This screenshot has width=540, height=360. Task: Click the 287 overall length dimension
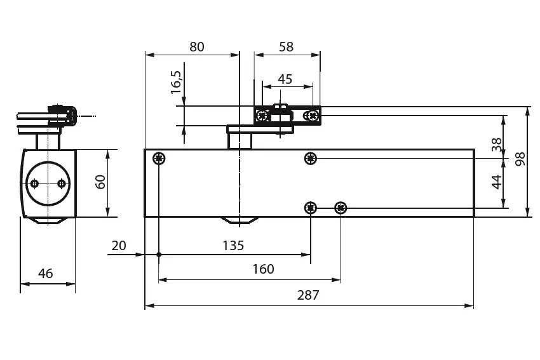coord(308,295)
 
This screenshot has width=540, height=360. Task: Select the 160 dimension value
coord(263,269)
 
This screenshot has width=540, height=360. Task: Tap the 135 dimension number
coord(233,245)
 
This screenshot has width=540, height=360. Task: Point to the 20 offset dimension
coord(119,245)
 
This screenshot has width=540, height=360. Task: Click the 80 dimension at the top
coord(197,46)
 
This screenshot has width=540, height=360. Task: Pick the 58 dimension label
coord(286,46)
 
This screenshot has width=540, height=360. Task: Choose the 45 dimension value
coord(285,79)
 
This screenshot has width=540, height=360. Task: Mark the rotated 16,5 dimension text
coord(176,83)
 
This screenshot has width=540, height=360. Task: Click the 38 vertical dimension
coord(497,145)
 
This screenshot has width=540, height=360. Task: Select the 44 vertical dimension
coord(497,182)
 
